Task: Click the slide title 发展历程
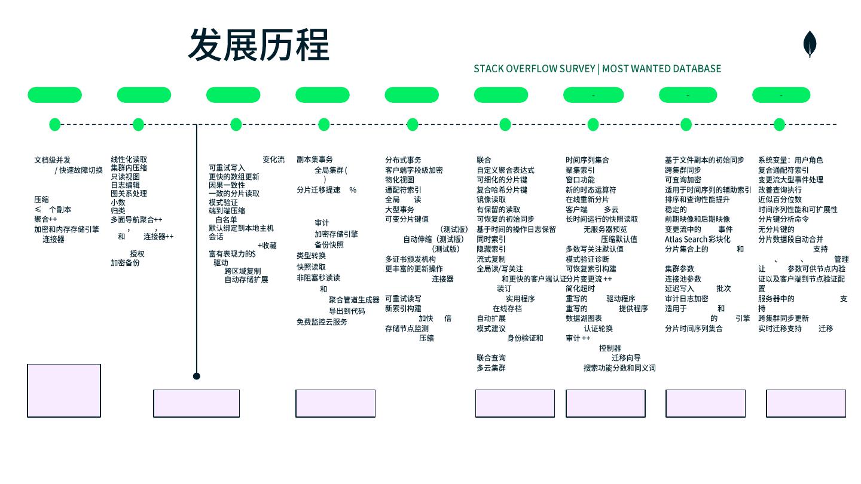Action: point(258,45)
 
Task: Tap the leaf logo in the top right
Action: point(810,44)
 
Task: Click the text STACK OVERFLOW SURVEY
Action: point(534,69)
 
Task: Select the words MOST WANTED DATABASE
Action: point(661,69)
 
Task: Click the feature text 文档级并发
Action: point(52,160)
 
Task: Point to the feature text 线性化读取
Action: point(129,160)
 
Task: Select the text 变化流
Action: point(273,160)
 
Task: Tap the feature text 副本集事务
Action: point(315,160)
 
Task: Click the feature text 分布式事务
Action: point(403,160)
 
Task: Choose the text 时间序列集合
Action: point(587,160)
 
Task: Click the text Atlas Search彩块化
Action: point(697,239)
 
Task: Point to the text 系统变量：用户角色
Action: point(790,160)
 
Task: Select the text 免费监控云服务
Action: point(322,322)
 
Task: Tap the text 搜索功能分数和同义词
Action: point(619,368)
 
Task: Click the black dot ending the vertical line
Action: point(196,376)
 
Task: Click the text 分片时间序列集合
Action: point(694,328)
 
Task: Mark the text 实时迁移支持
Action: point(780,328)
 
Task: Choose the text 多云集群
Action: point(491,368)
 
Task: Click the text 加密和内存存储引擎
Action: point(66,229)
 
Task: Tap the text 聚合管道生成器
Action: point(354,300)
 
